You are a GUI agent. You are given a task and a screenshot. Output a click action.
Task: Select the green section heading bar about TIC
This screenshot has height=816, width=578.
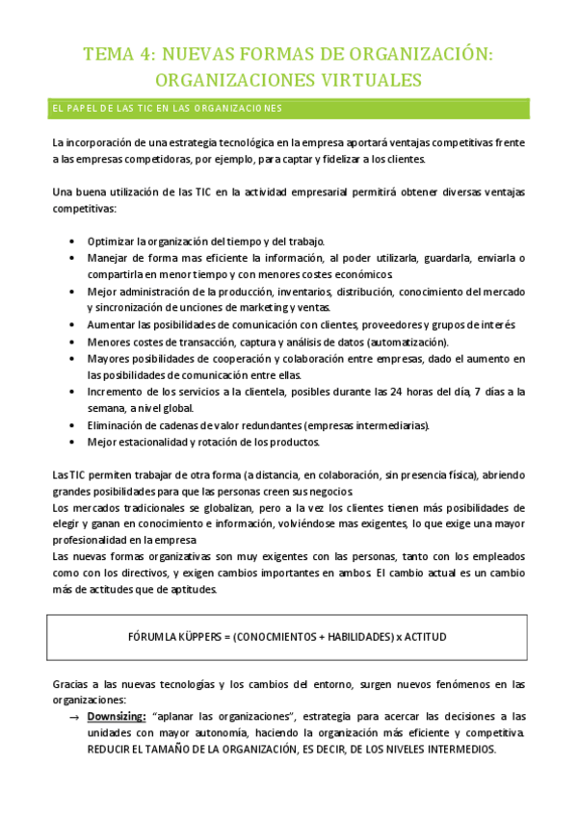(288, 107)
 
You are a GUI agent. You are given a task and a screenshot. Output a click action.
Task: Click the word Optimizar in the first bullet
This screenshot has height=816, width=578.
(111, 240)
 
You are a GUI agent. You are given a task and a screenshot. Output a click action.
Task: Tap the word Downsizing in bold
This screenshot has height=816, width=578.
(118, 716)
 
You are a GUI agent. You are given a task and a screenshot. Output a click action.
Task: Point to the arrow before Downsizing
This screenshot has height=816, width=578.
(73, 717)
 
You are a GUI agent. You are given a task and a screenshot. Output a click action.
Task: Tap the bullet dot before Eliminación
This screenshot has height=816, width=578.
(74, 425)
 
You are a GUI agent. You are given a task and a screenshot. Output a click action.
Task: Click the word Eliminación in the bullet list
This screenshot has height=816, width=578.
(116, 425)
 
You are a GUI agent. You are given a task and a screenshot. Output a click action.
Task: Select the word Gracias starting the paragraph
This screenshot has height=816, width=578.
(71, 684)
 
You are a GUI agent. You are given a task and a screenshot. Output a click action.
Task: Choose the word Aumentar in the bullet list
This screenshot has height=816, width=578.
(112, 325)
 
